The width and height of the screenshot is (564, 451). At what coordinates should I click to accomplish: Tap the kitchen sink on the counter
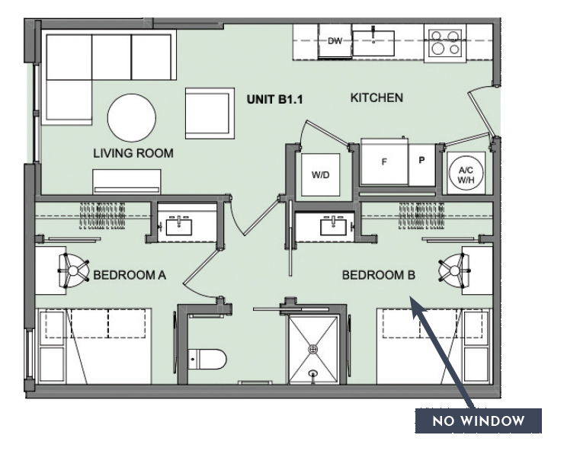373,40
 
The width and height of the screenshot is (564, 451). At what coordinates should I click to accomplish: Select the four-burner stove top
444,42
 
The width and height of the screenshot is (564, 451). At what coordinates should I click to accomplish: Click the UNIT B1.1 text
275,99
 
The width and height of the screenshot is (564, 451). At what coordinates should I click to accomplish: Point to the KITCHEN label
376,98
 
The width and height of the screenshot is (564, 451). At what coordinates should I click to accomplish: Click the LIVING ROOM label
133,153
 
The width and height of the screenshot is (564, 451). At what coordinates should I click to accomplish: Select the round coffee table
131,118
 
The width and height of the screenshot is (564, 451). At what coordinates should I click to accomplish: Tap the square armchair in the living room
209,113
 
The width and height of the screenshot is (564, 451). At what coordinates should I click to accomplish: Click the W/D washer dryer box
320,175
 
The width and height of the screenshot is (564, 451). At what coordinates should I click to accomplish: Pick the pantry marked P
421,161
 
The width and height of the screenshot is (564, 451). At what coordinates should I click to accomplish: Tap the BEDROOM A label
129,274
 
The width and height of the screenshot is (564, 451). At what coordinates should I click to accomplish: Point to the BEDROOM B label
378,274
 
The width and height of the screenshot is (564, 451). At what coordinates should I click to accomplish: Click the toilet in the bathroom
207,357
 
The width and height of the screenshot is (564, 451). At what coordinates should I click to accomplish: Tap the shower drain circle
312,349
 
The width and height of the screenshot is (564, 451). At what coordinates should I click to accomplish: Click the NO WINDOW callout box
478,421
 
